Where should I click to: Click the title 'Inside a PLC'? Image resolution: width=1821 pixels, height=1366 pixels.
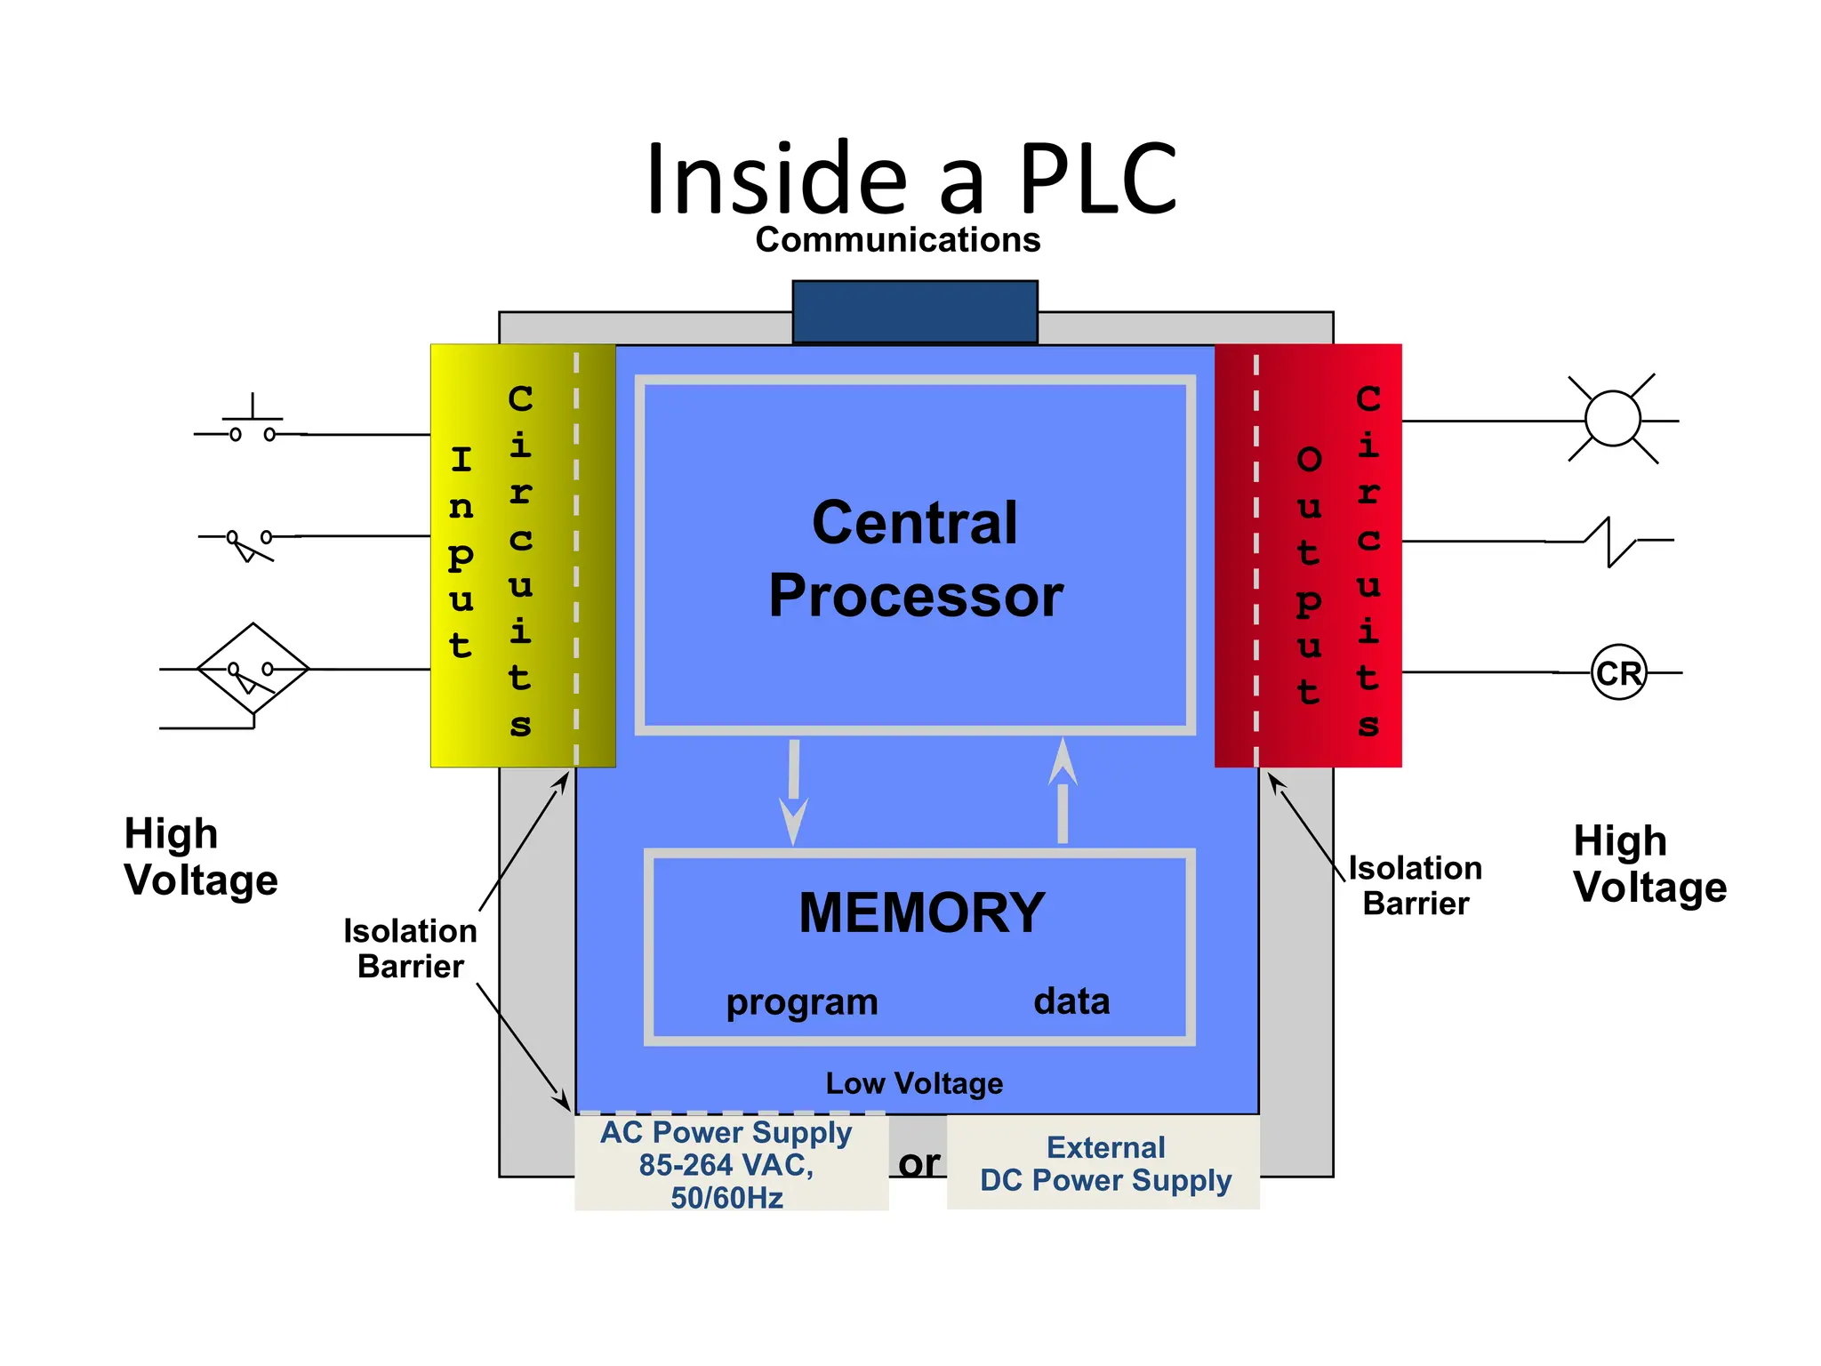pyautogui.click(x=910, y=180)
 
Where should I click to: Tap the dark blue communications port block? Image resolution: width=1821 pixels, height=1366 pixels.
pyautogui.click(x=915, y=311)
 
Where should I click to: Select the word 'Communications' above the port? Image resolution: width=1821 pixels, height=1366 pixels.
pyautogui.click(x=897, y=240)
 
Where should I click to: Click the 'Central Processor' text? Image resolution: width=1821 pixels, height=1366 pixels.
pyautogui.click(x=915, y=558)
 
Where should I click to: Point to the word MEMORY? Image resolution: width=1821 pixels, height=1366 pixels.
pyautogui.click(x=921, y=912)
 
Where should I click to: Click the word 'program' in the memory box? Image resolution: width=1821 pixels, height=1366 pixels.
pyautogui.click(x=801, y=1002)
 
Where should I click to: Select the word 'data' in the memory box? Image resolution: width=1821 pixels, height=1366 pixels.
pyautogui.click(x=1071, y=1001)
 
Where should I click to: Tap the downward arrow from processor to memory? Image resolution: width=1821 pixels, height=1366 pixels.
pyautogui.click(x=793, y=791)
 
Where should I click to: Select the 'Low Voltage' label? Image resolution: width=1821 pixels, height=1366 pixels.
pyautogui.click(x=914, y=1083)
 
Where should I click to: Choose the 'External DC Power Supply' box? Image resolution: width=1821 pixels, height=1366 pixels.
pyautogui.click(x=1104, y=1163)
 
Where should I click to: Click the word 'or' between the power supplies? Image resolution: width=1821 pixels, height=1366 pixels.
pyautogui.click(x=919, y=1163)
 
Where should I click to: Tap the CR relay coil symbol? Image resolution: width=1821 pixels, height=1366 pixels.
pyautogui.click(x=1618, y=673)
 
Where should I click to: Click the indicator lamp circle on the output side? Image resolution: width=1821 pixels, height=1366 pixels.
pyautogui.click(x=1612, y=419)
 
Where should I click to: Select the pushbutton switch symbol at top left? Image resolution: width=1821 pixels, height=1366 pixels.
pyautogui.click(x=253, y=423)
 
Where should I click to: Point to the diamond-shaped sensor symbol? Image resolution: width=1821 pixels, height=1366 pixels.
pyautogui.click(x=253, y=669)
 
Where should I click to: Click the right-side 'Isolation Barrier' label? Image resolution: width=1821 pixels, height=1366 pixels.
pyautogui.click(x=1415, y=886)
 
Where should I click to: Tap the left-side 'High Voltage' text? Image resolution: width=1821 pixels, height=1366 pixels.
pyautogui.click(x=201, y=857)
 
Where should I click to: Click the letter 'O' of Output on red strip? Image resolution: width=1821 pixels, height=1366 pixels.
pyautogui.click(x=1309, y=460)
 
